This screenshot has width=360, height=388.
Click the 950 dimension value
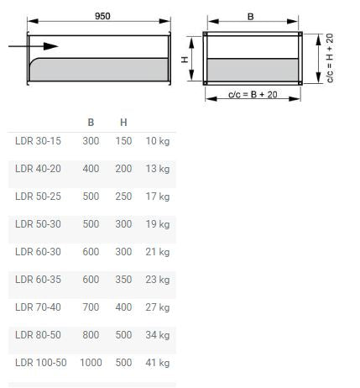pos(102,16)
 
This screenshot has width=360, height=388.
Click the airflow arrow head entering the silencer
pos(50,46)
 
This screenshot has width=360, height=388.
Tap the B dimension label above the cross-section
pos(251,17)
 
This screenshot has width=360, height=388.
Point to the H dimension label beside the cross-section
pos(185,60)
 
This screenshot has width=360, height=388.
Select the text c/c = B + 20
pos(253,95)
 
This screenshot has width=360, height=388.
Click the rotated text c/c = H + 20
pos(330,58)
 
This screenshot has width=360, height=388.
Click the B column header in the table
pos(91,123)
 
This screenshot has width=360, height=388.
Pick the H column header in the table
pos(123,123)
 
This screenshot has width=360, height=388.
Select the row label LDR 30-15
pos(38,141)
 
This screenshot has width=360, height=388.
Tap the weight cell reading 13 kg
pos(158,169)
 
